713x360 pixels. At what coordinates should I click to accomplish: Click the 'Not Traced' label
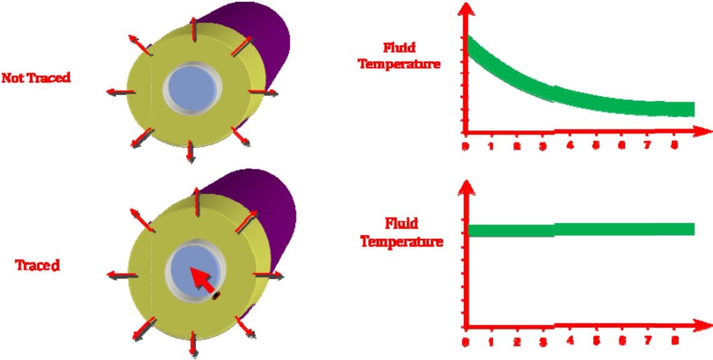pyautogui.click(x=36, y=78)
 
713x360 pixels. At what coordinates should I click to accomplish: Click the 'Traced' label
pyautogui.click(x=37, y=265)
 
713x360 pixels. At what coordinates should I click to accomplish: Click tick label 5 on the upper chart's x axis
pyautogui.click(x=596, y=145)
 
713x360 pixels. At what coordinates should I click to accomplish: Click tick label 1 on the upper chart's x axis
pyautogui.click(x=491, y=146)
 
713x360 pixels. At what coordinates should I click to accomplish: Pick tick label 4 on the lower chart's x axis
pyautogui.click(x=569, y=340)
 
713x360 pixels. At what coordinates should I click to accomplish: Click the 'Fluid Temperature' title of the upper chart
pyautogui.click(x=400, y=56)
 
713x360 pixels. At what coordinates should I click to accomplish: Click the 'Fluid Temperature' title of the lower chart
pyautogui.click(x=401, y=232)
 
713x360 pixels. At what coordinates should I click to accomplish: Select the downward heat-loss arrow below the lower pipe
pyautogui.click(x=194, y=344)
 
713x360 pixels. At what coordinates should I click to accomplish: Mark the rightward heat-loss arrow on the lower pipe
pyautogui.click(x=268, y=275)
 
